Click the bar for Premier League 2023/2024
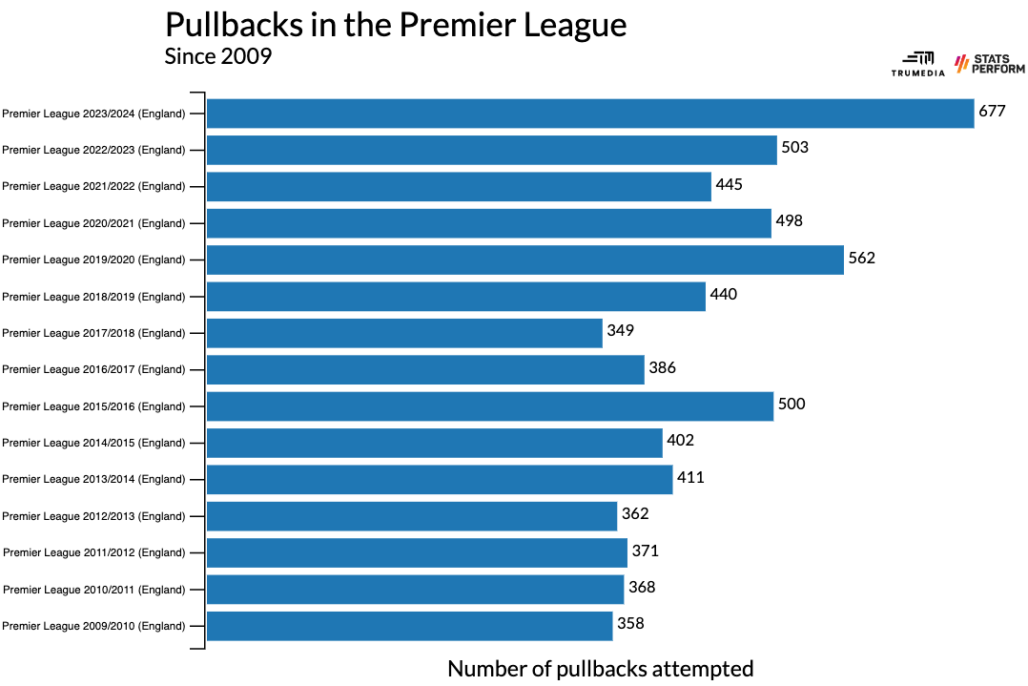point(589,114)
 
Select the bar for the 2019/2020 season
point(524,260)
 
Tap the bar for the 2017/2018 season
point(404,333)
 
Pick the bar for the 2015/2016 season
point(489,406)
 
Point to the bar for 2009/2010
point(409,626)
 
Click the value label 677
point(993,111)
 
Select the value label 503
point(795,148)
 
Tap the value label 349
point(621,330)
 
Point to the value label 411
point(690,477)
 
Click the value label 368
point(642,587)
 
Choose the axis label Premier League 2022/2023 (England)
point(93,150)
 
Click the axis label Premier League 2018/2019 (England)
point(93,297)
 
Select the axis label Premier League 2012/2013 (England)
point(93,516)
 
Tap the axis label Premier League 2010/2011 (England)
point(93,590)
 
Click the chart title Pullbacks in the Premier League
point(396,25)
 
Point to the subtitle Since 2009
point(218,56)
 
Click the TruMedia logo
point(917,64)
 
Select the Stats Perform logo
point(989,64)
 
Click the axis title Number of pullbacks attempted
point(600,669)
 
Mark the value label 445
point(730,184)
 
